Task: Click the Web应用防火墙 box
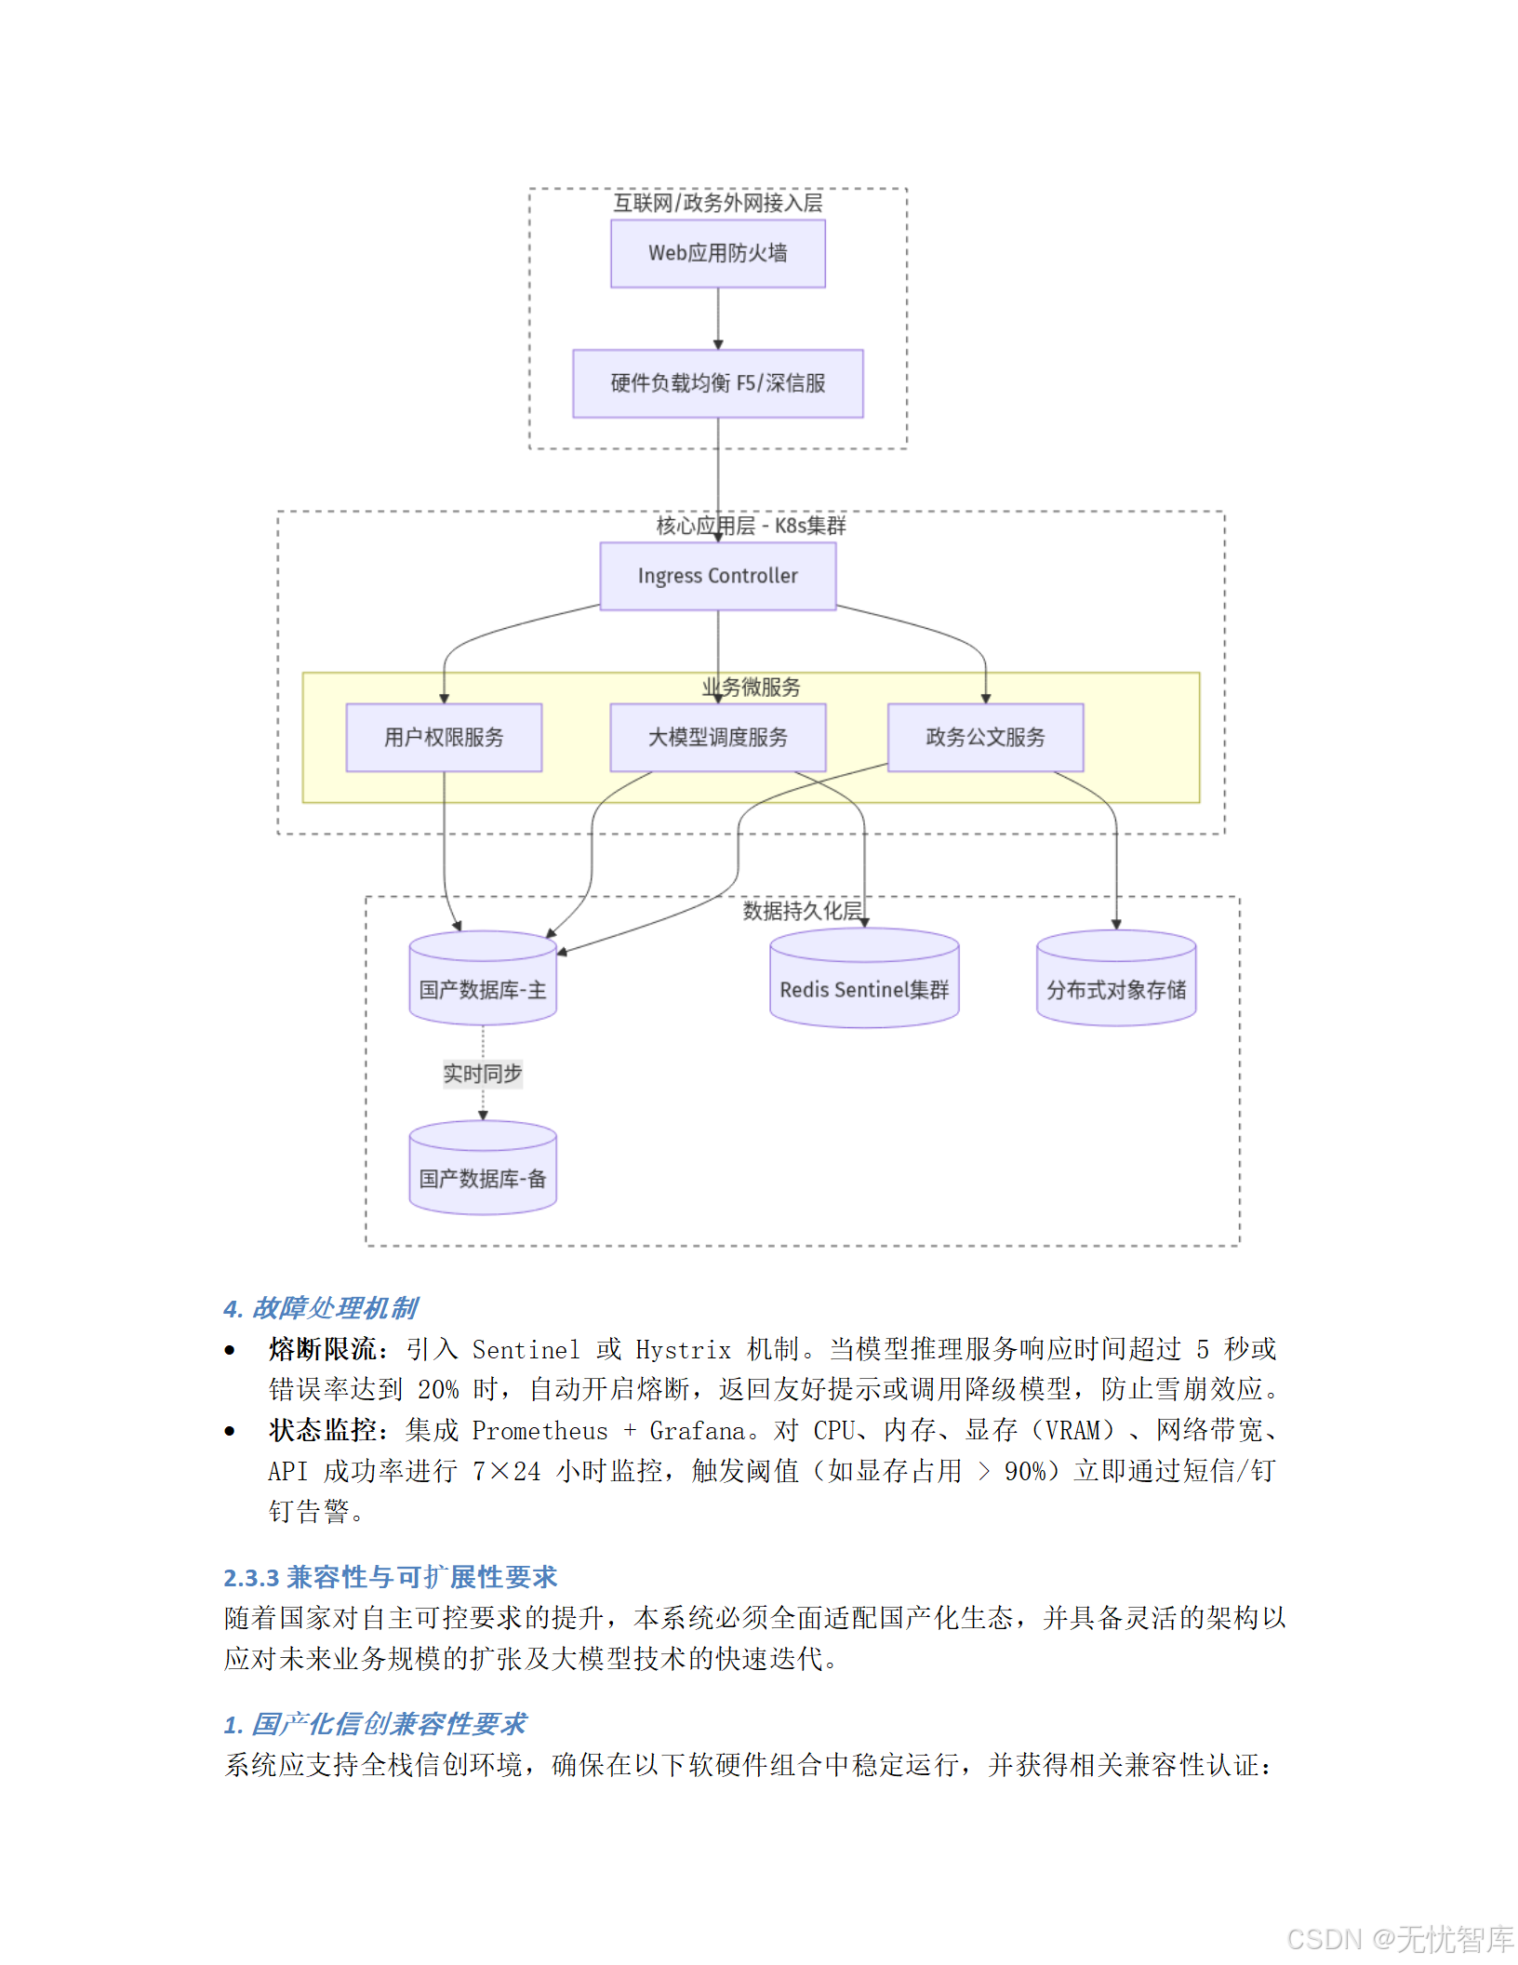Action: click(717, 253)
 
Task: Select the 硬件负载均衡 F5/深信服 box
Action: click(717, 383)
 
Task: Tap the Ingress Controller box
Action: click(717, 576)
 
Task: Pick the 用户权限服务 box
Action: click(444, 738)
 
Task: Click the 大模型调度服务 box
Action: click(717, 738)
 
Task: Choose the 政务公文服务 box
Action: click(985, 738)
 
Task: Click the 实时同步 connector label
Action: click(483, 1074)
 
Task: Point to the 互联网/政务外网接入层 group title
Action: click(717, 203)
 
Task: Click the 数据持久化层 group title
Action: click(802, 911)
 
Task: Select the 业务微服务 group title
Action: click(751, 688)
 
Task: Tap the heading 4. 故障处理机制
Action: click(321, 1308)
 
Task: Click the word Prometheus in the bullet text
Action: click(539, 1430)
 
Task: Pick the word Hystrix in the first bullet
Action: click(683, 1349)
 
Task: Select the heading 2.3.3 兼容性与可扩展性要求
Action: click(390, 1577)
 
